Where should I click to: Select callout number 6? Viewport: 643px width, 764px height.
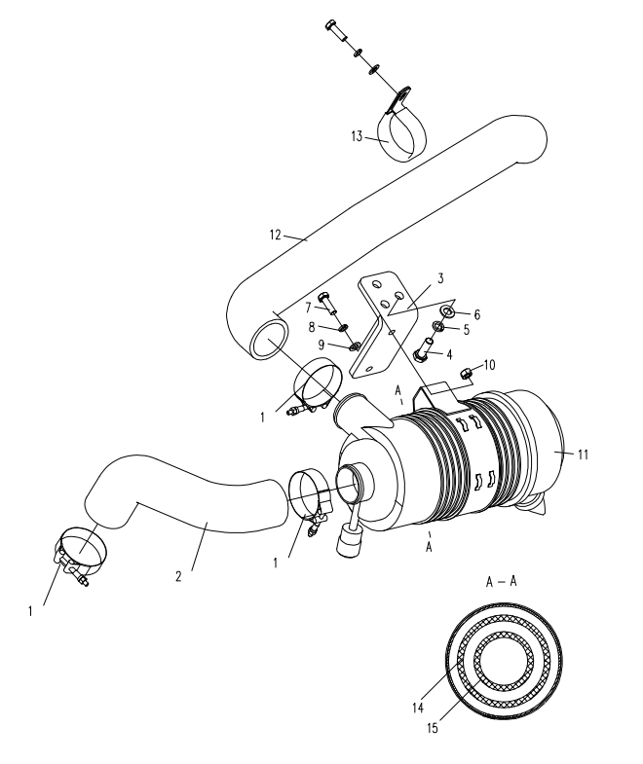point(477,314)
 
